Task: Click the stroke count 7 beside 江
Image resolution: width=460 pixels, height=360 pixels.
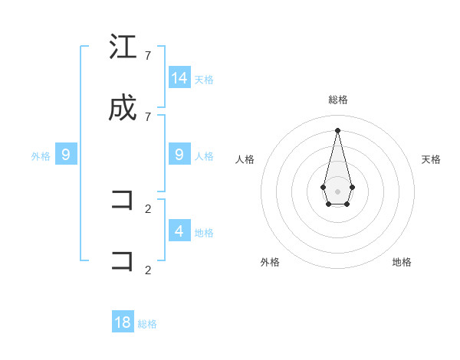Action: click(148, 56)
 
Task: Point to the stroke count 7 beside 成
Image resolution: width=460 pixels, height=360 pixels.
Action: click(148, 116)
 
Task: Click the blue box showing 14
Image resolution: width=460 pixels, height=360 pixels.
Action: click(179, 77)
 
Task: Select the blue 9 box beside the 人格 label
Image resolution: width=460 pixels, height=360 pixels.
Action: click(179, 155)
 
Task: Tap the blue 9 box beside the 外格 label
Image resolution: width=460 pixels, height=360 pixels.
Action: click(66, 155)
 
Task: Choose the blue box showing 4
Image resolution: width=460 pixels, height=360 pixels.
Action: click(179, 231)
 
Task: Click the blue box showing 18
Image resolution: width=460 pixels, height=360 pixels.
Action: click(123, 322)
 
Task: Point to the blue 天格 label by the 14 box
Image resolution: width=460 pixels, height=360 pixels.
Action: click(204, 79)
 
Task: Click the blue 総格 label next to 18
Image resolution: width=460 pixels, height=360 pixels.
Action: click(147, 324)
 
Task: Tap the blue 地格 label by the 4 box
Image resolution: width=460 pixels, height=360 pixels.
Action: click(204, 232)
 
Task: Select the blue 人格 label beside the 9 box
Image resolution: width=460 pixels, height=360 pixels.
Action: click(204, 156)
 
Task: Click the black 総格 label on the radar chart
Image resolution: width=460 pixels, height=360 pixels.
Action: click(337, 100)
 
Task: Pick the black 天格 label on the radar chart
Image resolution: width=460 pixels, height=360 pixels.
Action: click(431, 159)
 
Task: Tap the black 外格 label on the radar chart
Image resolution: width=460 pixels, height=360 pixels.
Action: click(270, 262)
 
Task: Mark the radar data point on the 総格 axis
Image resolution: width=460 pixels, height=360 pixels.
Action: click(337, 129)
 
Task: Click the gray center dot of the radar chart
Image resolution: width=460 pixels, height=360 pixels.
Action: click(337, 191)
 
